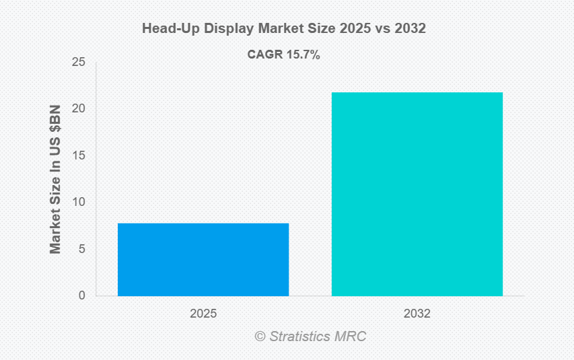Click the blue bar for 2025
coord(203,259)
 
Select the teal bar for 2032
coord(417,194)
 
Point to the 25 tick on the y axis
coord(79,63)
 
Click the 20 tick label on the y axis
coord(79,109)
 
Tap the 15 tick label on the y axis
coord(79,155)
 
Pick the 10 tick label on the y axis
coord(79,202)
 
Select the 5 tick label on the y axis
coord(82,249)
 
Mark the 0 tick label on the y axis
coord(82,295)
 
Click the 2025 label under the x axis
coord(203,314)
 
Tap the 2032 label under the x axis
coord(417,314)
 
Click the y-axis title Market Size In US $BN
coord(55,179)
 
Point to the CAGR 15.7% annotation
coord(283,55)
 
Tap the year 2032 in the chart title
coord(412,29)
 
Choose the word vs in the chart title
coord(386,29)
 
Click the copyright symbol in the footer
coord(260,336)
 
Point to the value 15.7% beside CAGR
coord(303,55)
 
